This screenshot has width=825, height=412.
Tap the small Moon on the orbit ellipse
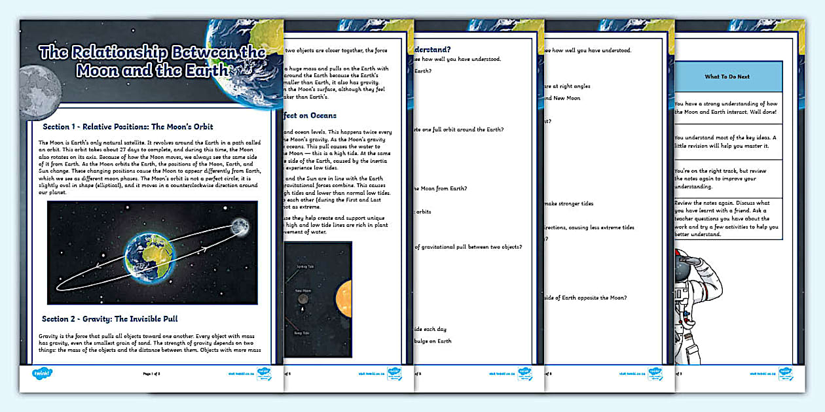pyautogui.click(x=240, y=226)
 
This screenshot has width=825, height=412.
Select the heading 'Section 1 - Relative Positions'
pyautogui.click(x=128, y=126)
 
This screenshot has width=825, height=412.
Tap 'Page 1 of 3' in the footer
pyautogui.click(x=151, y=374)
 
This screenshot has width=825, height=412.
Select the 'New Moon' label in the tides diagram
pyautogui.click(x=302, y=290)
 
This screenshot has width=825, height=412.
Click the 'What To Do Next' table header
pyautogui.click(x=727, y=77)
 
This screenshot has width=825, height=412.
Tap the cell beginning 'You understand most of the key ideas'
pyautogui.click(x=727, y=141)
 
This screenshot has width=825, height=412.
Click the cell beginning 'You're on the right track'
pyautogui.click(x=727, y=178)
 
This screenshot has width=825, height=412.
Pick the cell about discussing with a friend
pyautogui.click(x=727, y=218)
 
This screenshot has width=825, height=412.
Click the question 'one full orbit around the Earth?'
pyautogui.click(x=458, y=129)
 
